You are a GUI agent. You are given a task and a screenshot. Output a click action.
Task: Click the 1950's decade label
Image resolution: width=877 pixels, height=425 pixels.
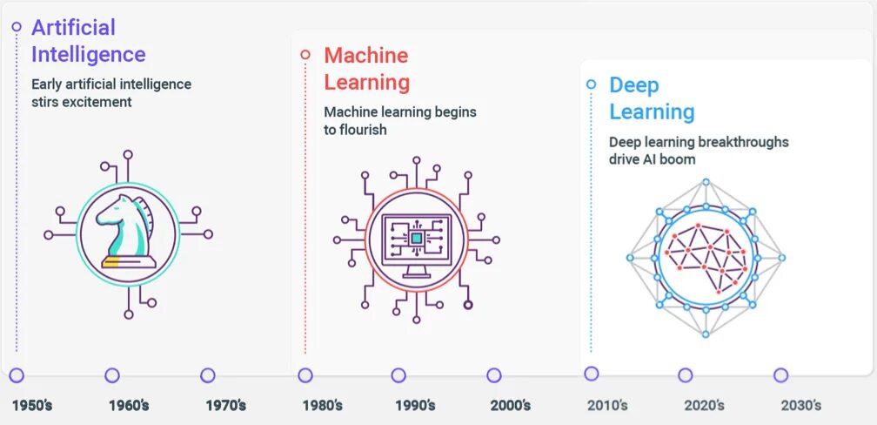click(32, 406)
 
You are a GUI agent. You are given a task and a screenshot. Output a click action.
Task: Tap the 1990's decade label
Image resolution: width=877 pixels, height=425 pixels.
click(415, 406)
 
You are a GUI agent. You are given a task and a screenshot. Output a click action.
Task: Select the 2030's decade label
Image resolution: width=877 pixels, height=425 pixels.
click(800, 406)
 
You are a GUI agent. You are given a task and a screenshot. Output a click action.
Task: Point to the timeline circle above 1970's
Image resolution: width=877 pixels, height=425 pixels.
click(207, 375)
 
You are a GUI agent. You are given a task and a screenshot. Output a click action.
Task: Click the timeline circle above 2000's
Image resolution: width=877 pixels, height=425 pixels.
click(493, 375)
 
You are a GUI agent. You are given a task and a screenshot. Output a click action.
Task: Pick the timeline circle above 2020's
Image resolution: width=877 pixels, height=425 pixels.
click(685, 375)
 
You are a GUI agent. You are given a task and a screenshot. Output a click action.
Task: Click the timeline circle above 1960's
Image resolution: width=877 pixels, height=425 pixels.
click(111, 375)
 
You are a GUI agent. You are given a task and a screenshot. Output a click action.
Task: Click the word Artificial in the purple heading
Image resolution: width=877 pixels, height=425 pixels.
click(73, 28)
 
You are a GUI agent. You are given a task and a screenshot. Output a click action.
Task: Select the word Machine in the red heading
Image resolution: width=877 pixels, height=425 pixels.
click(365, 56)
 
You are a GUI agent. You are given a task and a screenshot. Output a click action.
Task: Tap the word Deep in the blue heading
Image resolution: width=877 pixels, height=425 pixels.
click(634, 85)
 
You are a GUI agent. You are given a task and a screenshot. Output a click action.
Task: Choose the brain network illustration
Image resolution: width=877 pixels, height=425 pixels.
click(706, 258)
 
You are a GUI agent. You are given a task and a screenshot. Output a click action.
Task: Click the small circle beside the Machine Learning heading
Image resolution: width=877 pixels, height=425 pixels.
click(305, 54)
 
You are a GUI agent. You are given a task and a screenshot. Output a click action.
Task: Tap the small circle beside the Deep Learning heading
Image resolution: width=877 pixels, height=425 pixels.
click(592, 84)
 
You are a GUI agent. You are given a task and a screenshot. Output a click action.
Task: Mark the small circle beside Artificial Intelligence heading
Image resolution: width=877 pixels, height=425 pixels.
click(16, 27)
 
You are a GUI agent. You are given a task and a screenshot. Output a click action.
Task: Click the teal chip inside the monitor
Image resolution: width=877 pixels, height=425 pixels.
click(416, 238)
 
